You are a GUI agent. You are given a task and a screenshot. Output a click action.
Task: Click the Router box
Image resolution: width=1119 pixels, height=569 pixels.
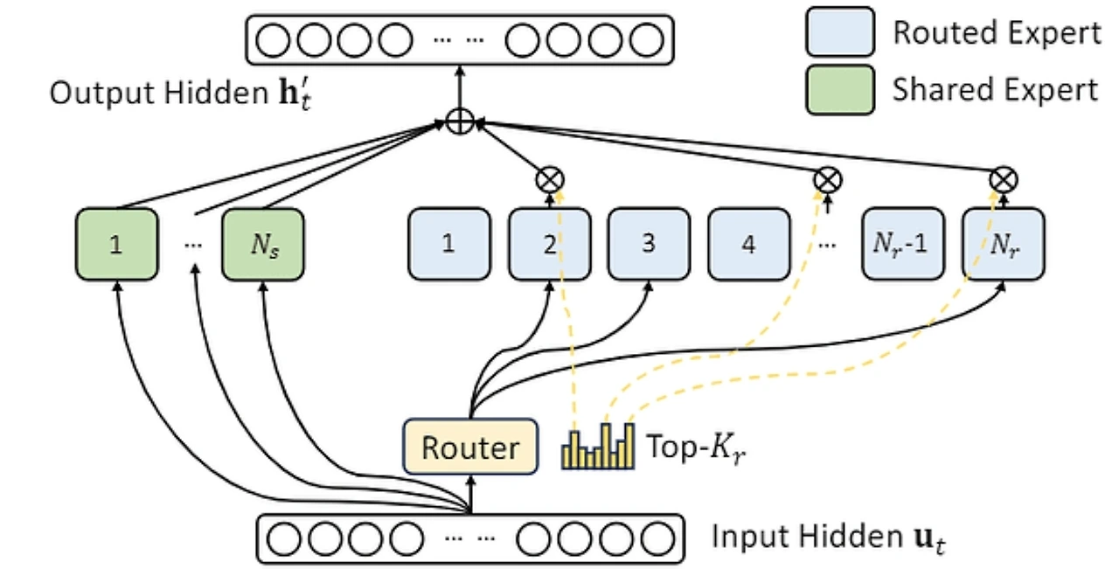[x=470, y=448]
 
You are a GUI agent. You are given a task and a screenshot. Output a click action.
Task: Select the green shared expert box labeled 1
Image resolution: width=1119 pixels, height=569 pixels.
[x=116, y=244]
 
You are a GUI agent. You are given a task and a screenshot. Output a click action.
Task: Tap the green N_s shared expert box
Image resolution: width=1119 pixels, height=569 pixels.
[x=263, y=244]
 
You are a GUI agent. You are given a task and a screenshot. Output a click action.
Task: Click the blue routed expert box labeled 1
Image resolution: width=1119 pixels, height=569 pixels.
[x=448, y=244]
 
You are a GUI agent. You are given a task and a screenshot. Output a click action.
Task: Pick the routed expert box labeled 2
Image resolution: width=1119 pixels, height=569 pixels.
[x=550, y=244]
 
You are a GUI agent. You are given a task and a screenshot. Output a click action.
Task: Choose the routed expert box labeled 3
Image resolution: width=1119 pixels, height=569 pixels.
[x=649, y=244]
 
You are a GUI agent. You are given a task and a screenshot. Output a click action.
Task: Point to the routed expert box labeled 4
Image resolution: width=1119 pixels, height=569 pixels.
[x=748, y=244]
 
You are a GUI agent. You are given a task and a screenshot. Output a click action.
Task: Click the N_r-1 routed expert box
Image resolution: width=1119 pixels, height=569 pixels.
[x=903, y=244]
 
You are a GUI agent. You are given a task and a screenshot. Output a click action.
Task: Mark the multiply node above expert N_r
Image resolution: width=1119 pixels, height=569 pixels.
[x=1002, y=180]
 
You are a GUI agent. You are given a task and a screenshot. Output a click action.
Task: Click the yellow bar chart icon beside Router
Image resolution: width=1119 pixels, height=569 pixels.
[x=597, y=447]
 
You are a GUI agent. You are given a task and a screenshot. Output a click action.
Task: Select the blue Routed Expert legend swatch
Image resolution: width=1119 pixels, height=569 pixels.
[x=840, y=32]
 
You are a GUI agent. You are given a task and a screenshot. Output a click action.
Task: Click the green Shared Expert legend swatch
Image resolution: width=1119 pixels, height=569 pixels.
[x=840, y=90]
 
